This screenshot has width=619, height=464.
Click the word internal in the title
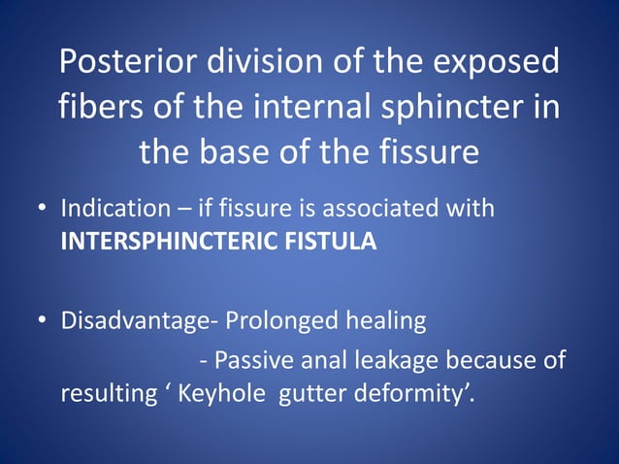click(x=305, y=107)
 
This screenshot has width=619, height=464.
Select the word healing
click(x=388, y=320)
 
